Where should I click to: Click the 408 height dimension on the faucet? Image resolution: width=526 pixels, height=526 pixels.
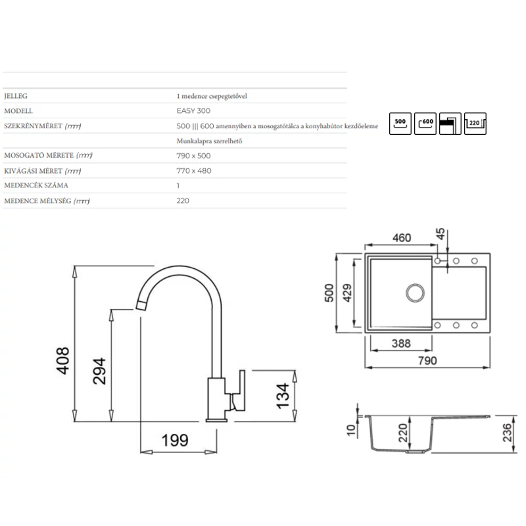(x=62, y=360)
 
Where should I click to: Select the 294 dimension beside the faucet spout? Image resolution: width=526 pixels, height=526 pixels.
(x=99, y=371)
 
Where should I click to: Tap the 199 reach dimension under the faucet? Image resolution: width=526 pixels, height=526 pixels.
(x=175, y=440)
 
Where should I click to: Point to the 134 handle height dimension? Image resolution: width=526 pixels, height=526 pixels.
(x=283, y=396)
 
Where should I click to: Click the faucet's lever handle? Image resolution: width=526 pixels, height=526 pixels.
(x=239, y=391)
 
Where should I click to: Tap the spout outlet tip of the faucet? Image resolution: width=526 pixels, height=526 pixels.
(x=141, y=306)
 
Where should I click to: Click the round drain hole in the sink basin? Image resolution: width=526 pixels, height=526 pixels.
(x=415, y=293)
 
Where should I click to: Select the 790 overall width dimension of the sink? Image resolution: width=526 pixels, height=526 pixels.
(x=427, y=360)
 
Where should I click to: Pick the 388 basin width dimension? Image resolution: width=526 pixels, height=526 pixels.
(x=401, y=343)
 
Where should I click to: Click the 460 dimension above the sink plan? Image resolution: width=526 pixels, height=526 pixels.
(x=402, y=238)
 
